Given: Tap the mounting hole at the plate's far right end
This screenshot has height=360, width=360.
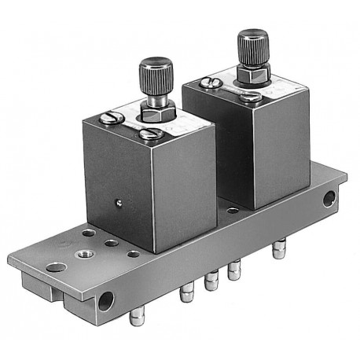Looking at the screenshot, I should (329, 199).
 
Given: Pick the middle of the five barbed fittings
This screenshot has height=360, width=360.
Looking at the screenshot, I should (211, 281).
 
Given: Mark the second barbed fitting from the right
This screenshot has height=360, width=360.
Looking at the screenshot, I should (233, 273).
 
